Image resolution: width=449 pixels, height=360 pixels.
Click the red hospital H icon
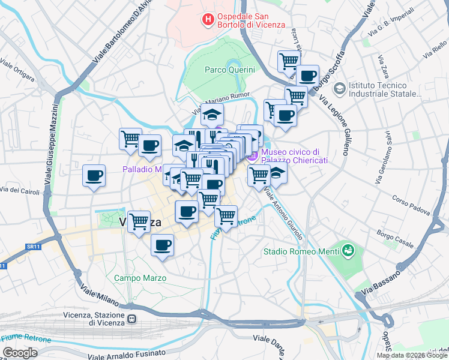point(208,20)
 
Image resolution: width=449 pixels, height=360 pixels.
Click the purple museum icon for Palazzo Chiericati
point(252,156)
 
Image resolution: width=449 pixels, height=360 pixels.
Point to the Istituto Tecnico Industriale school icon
point(339,89)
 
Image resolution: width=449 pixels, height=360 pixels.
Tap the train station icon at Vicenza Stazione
point(131,321)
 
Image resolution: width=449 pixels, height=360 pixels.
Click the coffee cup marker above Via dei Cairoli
point(94,176)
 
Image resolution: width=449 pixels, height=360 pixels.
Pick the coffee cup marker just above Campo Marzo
point(162,245)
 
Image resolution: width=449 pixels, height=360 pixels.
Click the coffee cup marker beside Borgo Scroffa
point(307,76)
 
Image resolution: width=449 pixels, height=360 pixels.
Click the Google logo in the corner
point(20,353)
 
